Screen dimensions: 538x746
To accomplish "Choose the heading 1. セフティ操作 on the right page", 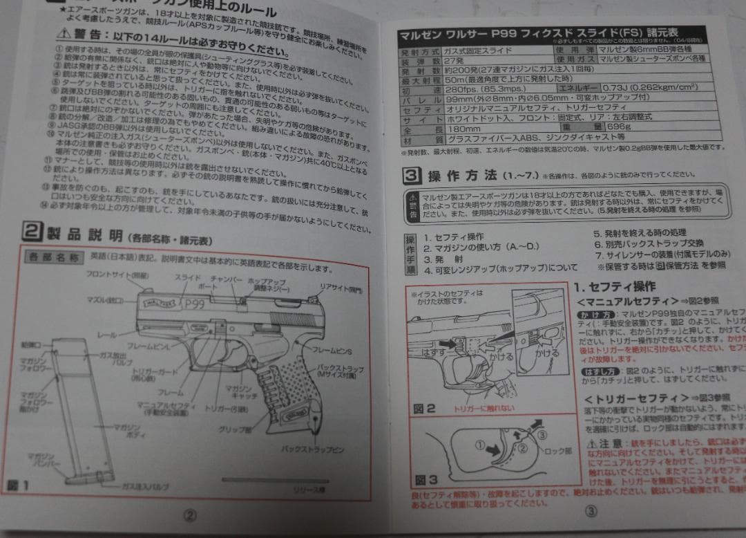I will click(615, 286).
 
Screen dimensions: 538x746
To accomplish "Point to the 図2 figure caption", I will click(424, 408).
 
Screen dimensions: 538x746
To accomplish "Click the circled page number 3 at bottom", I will click(591, 512).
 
